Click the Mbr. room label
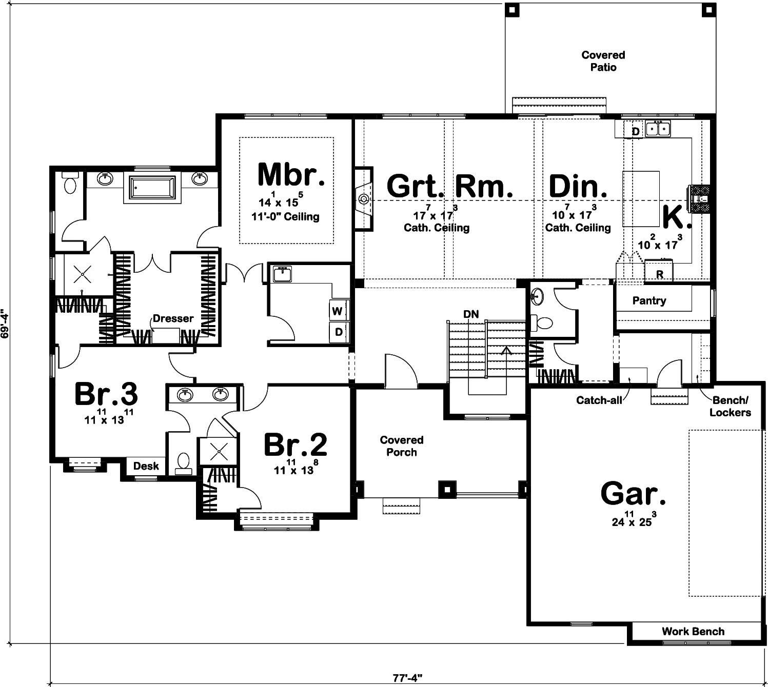[x=291, y=175]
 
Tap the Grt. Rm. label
[x=449, y=186]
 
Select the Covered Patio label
[x=603, y=61]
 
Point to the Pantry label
[x=649, y=300]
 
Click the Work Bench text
[x=693, y=631]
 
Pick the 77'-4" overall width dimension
[x=407, y=678]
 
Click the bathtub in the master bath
[x=152, y=188]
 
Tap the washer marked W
[x=337, y=311]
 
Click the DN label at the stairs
[x=471, y=314]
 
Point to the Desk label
[x=146, y=466]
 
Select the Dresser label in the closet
[x=173, y=318]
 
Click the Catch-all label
[x=599, y=400]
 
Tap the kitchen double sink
[x=658, y=129]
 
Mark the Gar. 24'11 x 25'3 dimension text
[x=634, y=520]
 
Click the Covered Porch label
[x=401, y=446]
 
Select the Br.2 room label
[x=296, y=445]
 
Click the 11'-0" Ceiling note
[x=285, y=217]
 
